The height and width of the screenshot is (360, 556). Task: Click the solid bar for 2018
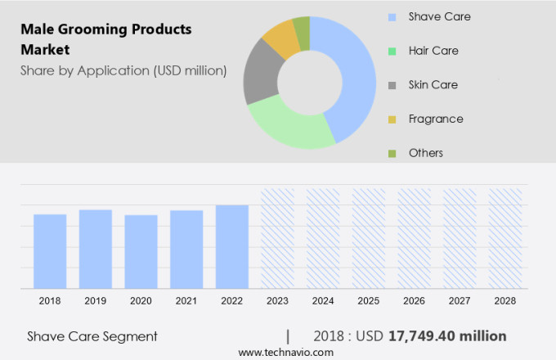tap(50, 251)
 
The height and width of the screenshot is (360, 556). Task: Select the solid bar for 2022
tap(232, 246)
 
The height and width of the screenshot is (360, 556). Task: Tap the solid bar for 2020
tap(141, 251)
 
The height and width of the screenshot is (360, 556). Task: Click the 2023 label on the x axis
tap(277, 301)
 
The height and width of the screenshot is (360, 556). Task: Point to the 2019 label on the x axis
tap(96, 301)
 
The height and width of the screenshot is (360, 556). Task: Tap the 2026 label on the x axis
tap(414, 301)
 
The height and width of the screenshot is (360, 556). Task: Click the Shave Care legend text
tap(439, 16)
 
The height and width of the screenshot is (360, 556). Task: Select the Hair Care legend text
tap(433, 51)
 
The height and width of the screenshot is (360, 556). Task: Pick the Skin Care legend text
tap(433, 84)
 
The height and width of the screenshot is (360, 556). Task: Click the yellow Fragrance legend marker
tap(392, 119)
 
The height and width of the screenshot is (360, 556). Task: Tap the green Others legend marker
tap(392, 154)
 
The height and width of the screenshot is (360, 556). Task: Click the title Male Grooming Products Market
tap(106, 39)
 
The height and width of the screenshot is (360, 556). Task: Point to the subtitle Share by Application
tap(123, 70)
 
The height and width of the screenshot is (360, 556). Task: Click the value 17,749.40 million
tap(449, 336)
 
